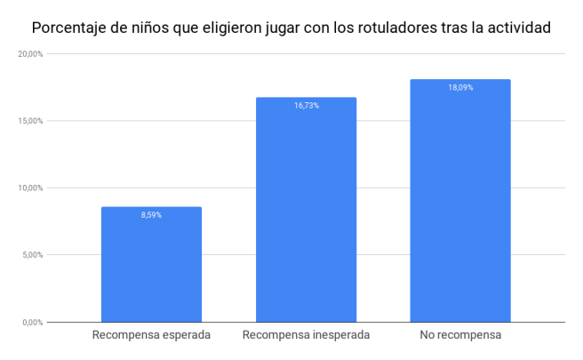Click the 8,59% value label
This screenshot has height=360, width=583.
point(151,215)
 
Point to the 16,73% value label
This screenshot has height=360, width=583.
point(306,106)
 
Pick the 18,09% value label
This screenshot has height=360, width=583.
point(459,88)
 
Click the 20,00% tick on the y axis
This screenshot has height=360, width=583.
point(29,54)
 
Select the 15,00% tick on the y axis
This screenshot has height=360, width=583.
point(29,121)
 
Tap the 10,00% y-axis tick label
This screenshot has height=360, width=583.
point(29,188)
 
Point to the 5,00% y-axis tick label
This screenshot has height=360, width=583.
point(31,255)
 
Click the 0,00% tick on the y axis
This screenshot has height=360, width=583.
point(31,322)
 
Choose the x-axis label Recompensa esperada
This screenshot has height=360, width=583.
point(151,336)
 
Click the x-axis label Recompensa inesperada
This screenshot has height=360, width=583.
point(306,336)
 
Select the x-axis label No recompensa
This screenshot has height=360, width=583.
point(459,336)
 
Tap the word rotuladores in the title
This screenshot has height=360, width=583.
point(403,28)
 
